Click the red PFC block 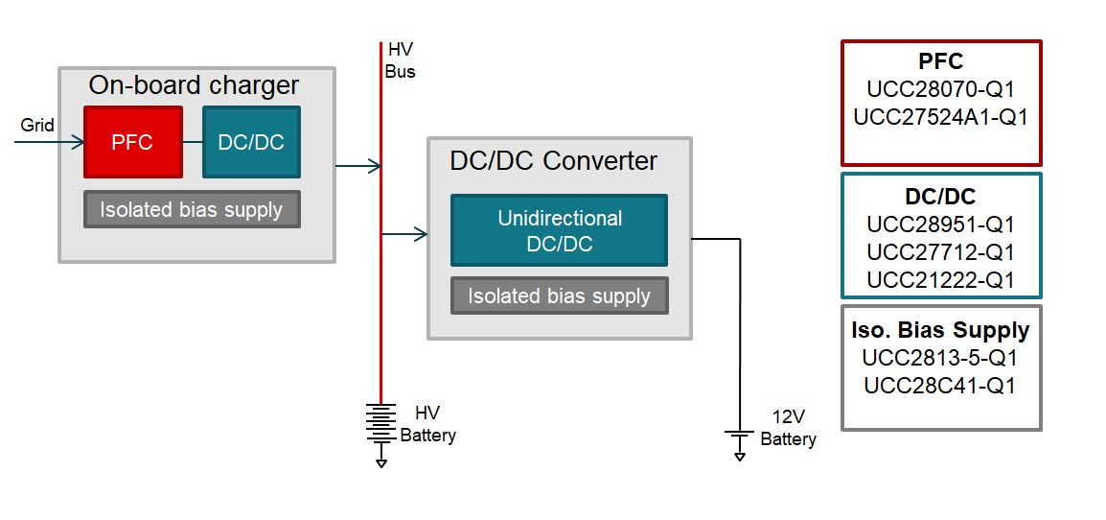tap(133, 142)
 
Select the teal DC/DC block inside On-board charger tap(251, 142)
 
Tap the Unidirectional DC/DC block tap(559, 231)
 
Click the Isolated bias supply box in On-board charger tap(192, 209)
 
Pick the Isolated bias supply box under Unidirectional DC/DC tap(559, 295)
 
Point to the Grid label tap(37, 126)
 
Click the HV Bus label tap(400, 59)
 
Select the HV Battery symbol tap(380, 425)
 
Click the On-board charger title tap(194, 85)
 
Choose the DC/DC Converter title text tap(553, 160)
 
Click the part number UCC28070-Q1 tap(940, 89)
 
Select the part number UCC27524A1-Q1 tap(940, 117)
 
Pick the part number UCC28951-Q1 tap(940, 225)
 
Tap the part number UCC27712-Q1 tap(940, 252)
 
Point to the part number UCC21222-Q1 tap(940, 280)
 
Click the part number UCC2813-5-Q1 tap(940, 358)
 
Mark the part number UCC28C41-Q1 tap(940, 386)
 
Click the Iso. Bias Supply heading tap(940, 330)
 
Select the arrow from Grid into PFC tap(50, 142)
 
